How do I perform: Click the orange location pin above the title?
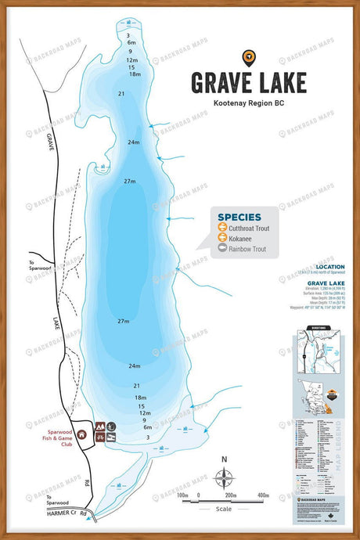point(248,57)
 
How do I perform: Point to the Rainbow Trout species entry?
point(247,249)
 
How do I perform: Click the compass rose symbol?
point(225,477)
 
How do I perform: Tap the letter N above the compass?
point(225,460)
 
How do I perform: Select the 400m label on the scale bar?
point(263,495)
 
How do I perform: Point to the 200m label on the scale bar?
point(230,495)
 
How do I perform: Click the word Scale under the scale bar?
point(225,509)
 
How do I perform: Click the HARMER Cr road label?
point(64,513)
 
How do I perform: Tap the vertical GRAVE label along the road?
point(49,143)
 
